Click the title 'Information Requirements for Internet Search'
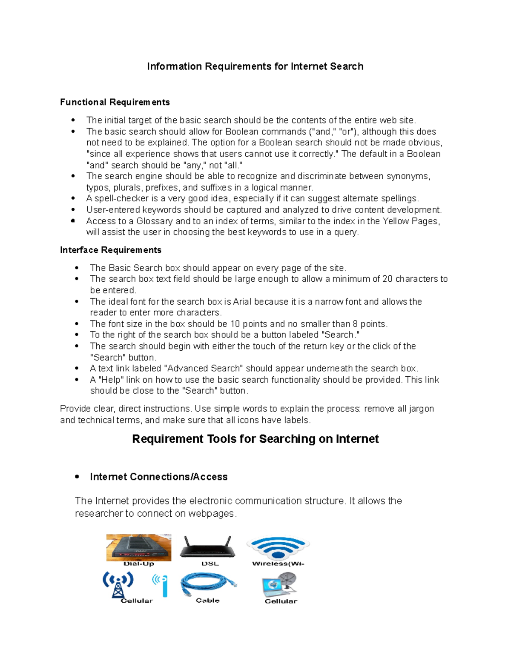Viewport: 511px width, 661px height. [255, 66]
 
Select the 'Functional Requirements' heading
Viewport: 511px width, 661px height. [115, 102]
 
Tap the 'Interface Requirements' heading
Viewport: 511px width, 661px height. [111, 250]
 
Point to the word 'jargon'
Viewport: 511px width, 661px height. [421, 409]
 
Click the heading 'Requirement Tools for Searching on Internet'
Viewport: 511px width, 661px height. [255, 439]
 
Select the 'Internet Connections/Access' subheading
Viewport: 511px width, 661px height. [158, 477]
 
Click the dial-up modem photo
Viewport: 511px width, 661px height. [139, 547]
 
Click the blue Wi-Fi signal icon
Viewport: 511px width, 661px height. [278, 547]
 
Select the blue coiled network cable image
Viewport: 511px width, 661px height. [208, 584]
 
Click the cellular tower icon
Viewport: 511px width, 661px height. [118, 584]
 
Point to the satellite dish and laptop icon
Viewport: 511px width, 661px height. [279, 584]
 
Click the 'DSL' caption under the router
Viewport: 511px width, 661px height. [210, 564]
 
